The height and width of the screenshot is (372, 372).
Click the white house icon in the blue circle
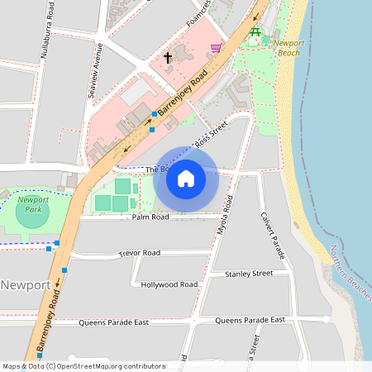pyautogui.click(x=186, y=179)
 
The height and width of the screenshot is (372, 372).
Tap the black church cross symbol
pyautogui.click(x=168, y=58)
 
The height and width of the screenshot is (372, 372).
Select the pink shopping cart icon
pyautogui.click(x=217, y=49)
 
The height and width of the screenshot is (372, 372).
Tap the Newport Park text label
pyautogui.click(x=33, y=204)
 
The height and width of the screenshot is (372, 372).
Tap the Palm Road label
pyautogui.click(x=150, y=217)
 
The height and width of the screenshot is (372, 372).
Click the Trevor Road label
pyautogui.click(x=139, y=253)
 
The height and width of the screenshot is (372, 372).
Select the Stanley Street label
pyautogui.click(x=249, y=273)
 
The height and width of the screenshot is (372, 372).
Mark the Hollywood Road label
pyautogui.click(x=169, y=284)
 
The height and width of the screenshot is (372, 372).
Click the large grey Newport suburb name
pyautogui.click(x=26, y=285)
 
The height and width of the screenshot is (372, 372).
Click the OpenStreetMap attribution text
pyautogui.click(x=84, y=365)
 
